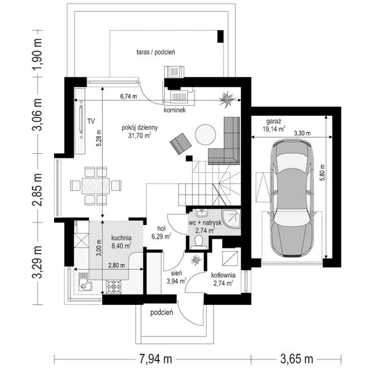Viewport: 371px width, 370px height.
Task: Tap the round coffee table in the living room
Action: click(x=205, y=135)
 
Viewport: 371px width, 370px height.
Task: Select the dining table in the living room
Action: click(x=96, y=186)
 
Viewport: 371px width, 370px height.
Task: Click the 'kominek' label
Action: click(x=175, y=110)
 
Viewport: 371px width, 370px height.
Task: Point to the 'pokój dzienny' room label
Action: click(x=139, y=128)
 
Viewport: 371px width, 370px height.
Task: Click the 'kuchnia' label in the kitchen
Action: click(x=121, y=238)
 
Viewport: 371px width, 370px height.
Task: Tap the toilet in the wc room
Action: click(x=198, y=242)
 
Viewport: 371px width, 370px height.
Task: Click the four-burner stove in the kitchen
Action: click(x=114, y=286)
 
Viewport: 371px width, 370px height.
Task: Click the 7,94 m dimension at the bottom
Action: click(x=155, y=359)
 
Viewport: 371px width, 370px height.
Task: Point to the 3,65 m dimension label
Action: click(x=296, y=359)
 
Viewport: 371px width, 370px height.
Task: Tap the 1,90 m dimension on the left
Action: click(x=38, y=53)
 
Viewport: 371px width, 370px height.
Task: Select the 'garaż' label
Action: click(x=274, y=122)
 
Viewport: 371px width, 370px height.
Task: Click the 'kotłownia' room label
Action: click(x=223, y=275)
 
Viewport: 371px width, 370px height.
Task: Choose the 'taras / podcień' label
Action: click(x=156, y=52)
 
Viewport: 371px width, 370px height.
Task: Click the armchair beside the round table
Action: click(x=180, y=144)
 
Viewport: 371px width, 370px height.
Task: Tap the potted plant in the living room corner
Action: click(x=227, y=99)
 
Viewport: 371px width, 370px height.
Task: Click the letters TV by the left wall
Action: click(x=91, y=121)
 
